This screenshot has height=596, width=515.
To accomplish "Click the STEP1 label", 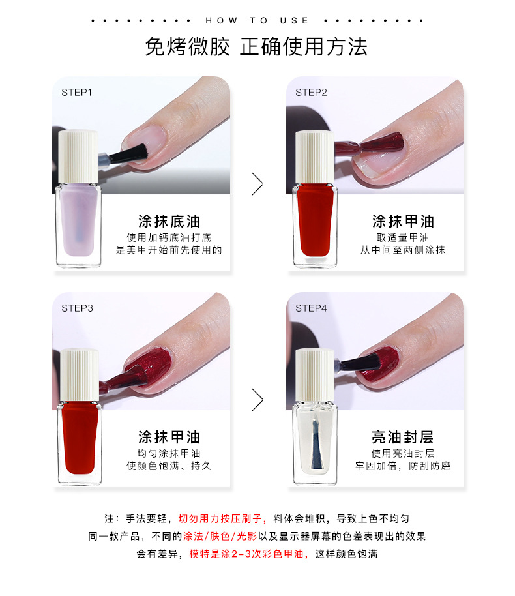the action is (77, 93).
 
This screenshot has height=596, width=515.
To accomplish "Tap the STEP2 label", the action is (311, 93).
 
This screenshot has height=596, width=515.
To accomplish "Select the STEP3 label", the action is (77, 308).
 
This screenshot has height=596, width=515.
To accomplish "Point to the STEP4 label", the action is (311, 308).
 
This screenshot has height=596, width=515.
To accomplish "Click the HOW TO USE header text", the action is (257, 20).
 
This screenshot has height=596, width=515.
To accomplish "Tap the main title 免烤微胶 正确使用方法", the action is (257, 47).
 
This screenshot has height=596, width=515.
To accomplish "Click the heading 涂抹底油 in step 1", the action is (169, 221).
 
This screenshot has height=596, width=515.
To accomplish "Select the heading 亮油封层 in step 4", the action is (403, 437).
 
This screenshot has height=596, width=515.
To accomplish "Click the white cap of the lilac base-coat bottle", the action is (78, 156).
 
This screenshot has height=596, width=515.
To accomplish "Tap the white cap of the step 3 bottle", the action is (80, 374).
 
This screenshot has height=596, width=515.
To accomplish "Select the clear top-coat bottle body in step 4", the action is (315, 443).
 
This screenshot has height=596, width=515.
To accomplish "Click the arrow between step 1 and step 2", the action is (257, 184).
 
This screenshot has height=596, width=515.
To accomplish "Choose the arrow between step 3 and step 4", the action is (257, 400).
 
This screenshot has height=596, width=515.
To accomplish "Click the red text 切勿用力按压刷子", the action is (220, 518).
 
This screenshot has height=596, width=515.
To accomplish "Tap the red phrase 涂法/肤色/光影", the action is (220, 536).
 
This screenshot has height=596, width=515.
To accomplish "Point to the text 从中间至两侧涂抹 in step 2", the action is (403, 250).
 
